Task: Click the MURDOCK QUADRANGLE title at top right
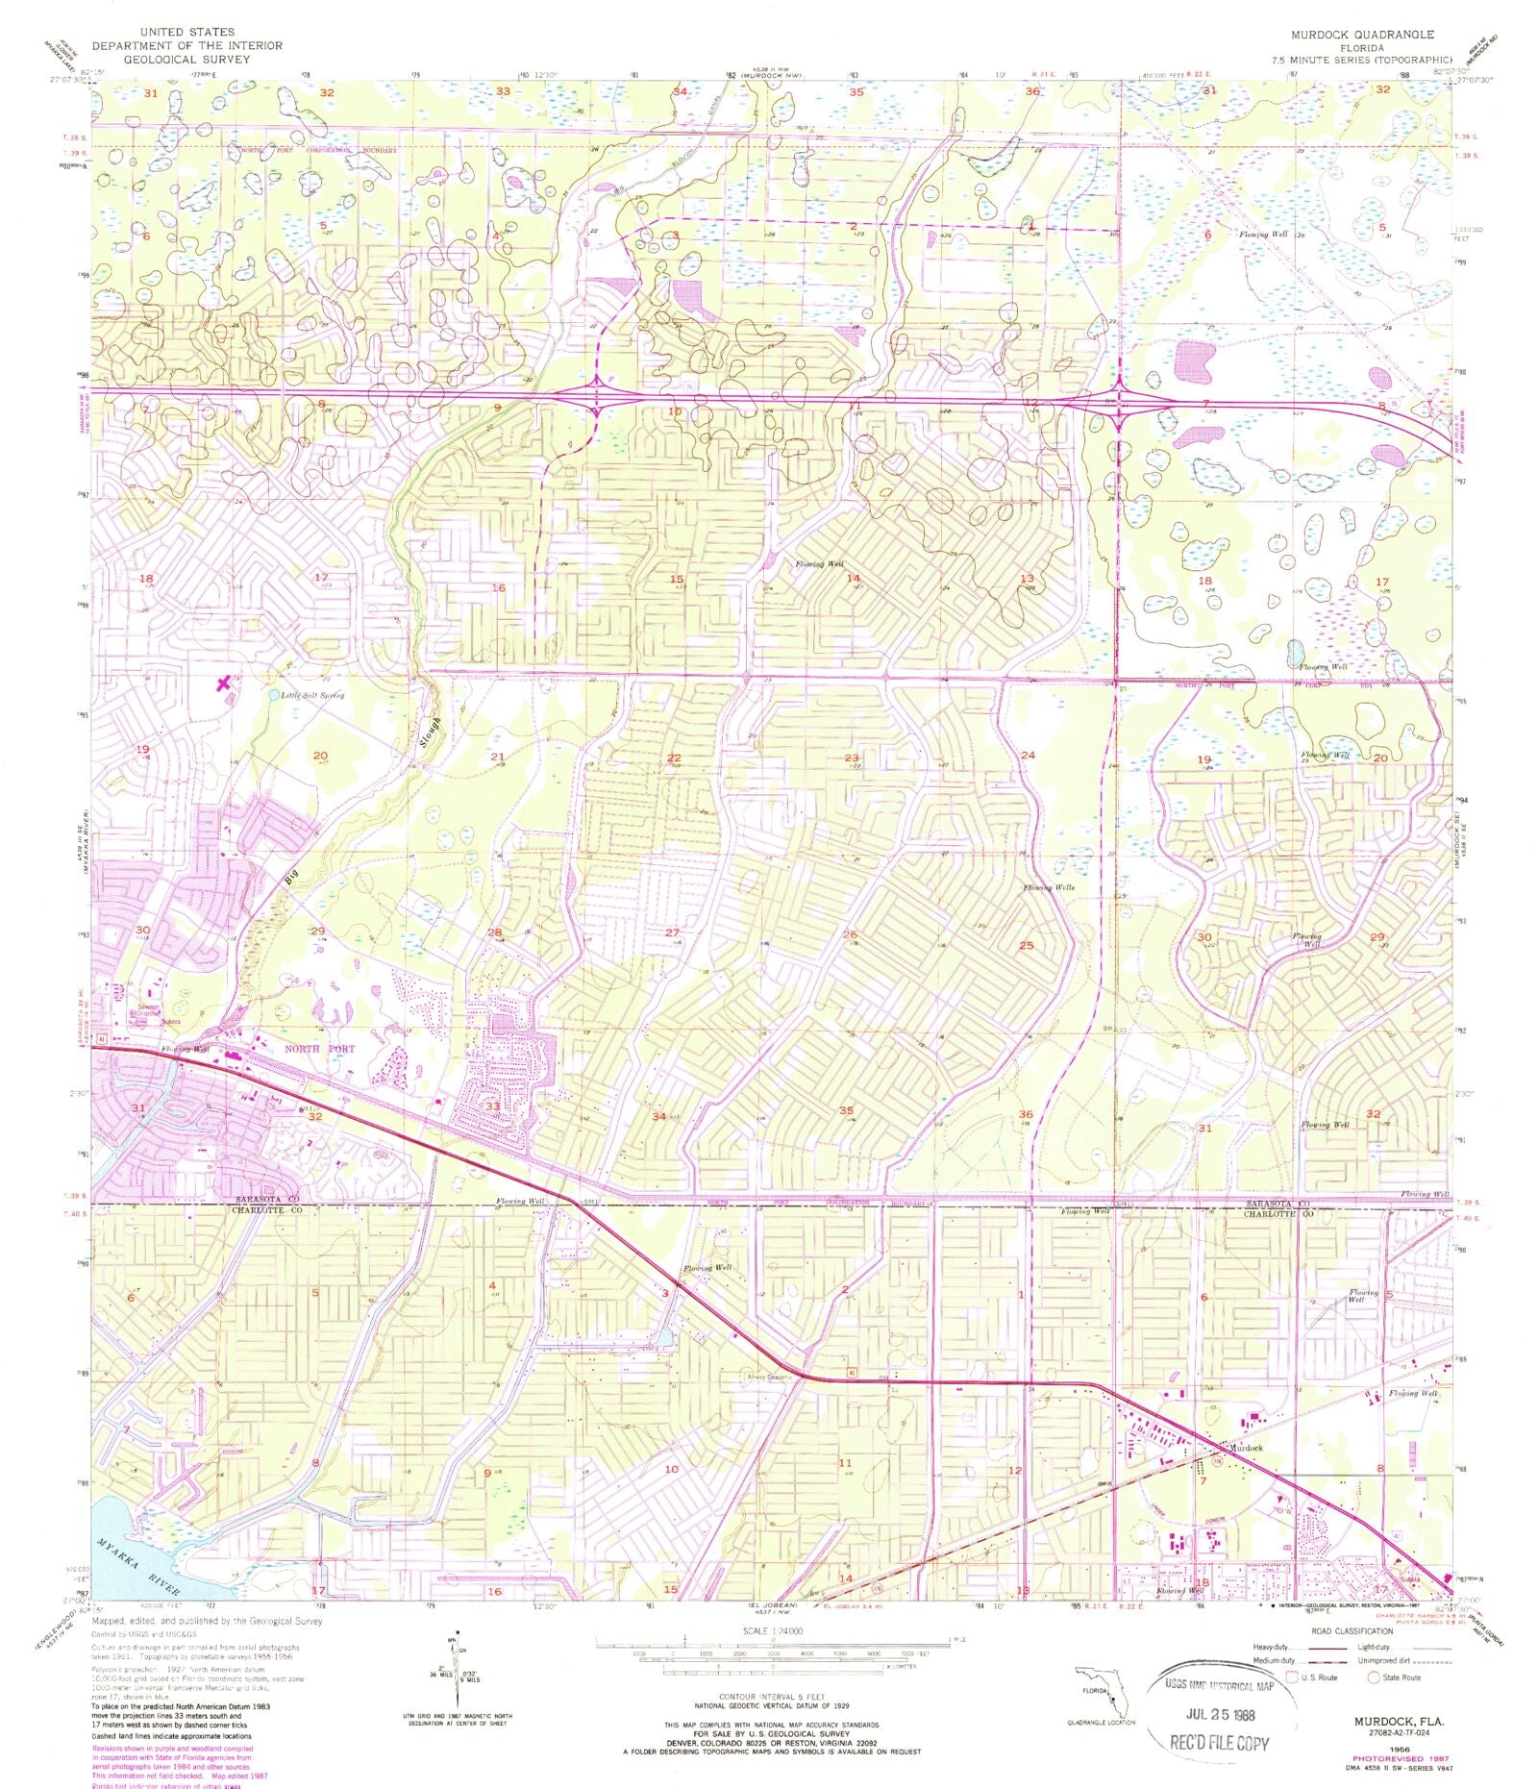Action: click(1364, 35)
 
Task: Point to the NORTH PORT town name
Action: click(319, 1049)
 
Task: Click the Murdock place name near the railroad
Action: click(1242, 1447)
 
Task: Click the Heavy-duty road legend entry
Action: click(1276, 1647)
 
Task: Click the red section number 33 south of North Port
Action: click(492, 1106)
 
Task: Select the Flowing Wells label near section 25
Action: click(1048, 887)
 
